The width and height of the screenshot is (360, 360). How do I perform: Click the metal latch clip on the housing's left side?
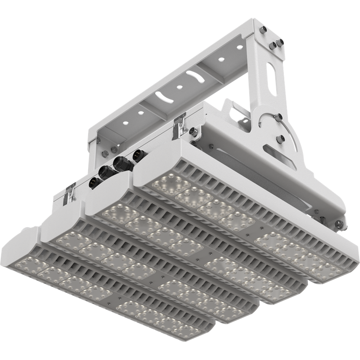click(70, 192)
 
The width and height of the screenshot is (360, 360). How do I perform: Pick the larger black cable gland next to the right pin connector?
click(121, 165)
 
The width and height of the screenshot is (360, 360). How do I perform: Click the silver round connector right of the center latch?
click(193, 132)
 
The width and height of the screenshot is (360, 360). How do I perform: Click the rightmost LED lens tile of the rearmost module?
click(326, 270)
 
